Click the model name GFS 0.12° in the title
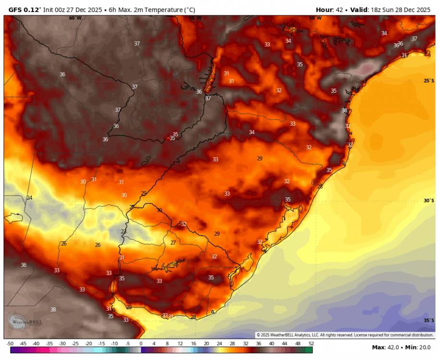tap(24, 10)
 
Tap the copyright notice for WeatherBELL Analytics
tap(344, 335)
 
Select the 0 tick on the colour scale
tap(141, 344)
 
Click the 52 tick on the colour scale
tap(311, 344)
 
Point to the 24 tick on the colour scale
tap(219, 344)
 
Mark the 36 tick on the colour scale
tap(259, 344)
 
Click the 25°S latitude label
tap(429, 81)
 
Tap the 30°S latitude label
tap(429, 201)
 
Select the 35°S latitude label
tap(429, 320)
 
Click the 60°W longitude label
tap(75, 18)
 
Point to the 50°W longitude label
tap(315, 18)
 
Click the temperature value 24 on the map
tap(29, 198)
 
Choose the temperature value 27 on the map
tap(173, 243)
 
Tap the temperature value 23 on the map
tap(123, 231)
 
